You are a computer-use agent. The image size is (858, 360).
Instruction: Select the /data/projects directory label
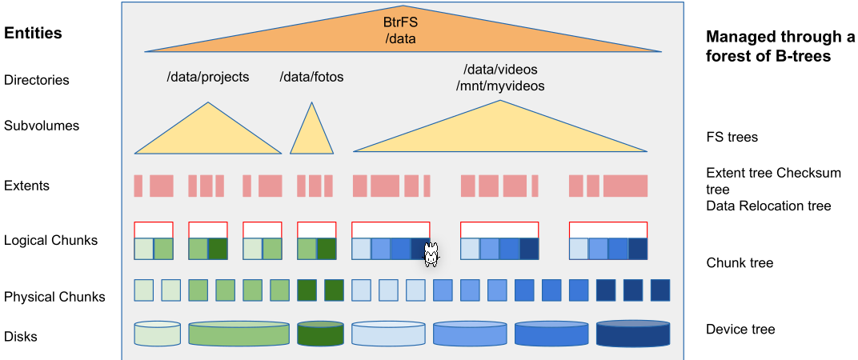[207, 78]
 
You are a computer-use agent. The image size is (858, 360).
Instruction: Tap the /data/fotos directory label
[311, 78]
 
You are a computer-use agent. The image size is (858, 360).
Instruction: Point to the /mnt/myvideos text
[500, 86]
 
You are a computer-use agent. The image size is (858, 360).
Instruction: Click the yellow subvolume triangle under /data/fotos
[311, 136]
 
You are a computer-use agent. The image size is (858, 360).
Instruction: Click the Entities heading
[33, 34]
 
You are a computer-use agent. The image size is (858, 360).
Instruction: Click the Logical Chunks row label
[50, 240]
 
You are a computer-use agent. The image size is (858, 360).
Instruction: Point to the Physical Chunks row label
[54, 297]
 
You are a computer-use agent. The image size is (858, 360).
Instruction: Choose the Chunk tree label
[740, 262]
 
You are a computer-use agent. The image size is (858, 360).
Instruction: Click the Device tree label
[740, 329]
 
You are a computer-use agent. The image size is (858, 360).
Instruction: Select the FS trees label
[732, 137]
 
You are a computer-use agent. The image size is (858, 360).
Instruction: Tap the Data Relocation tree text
[768, 206]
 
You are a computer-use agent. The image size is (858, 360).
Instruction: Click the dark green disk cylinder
[320, 334]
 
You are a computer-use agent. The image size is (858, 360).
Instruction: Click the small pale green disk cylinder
[158, 334]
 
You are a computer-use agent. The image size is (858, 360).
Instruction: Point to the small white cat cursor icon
[431, 254]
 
